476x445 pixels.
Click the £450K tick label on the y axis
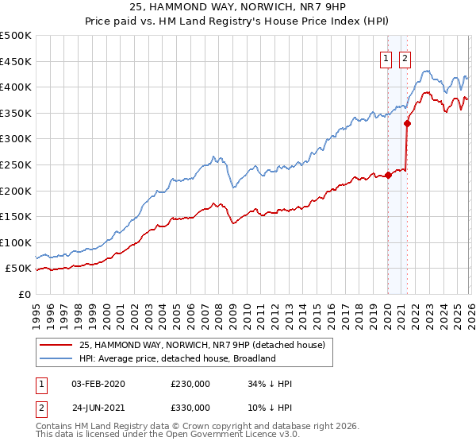(x=15, y=61)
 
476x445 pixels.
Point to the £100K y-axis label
(x=15, y=242)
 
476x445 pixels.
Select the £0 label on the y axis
(x=24, y=294)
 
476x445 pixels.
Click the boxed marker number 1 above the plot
(x=386, y=57)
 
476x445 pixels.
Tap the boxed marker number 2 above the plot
(x=405, y=57)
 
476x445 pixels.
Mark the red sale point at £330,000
(x=407, y=123)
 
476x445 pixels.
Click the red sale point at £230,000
(x=388, y=175)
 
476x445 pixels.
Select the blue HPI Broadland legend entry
(x=177, y=358)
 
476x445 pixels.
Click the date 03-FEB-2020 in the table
(x=98, y=384)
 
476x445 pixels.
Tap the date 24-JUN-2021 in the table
(x=98, y=407)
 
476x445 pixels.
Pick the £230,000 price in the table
(x=190, y=384)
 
